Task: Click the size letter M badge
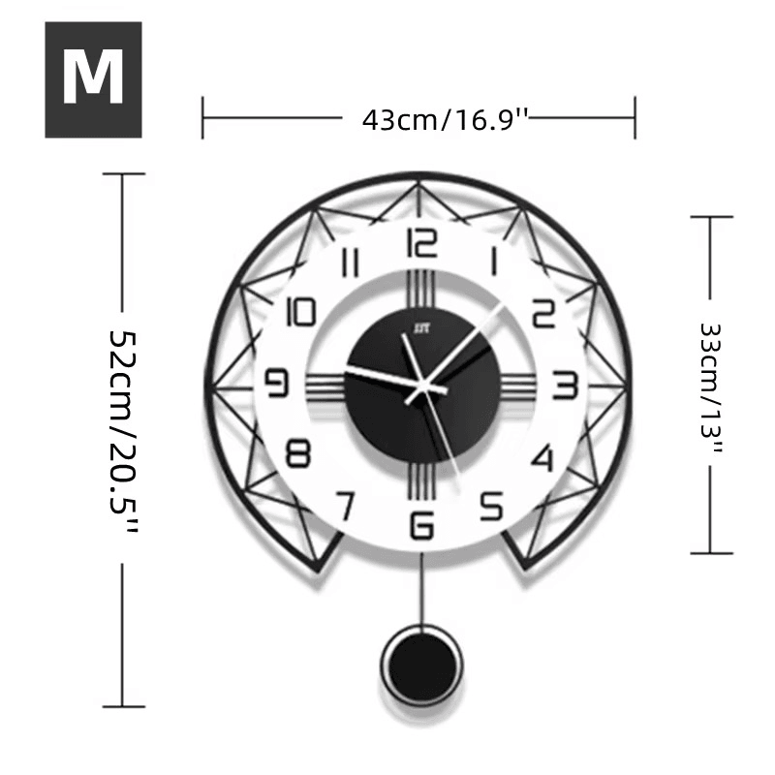click(93, 79)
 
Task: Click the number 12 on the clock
click(422, 242)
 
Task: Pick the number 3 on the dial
click(564, 385)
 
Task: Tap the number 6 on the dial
click(422, 524)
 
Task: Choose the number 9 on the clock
click(278, 385)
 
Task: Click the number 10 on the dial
click(302, 312)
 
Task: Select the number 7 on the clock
click(345, 505)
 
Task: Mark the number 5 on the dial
click(492, 505)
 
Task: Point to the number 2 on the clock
click(543, 312)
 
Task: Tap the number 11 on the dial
click(351, 263)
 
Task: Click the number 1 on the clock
click(494, 263)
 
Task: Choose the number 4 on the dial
click(544, 456)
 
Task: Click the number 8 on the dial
click(299, 455)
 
